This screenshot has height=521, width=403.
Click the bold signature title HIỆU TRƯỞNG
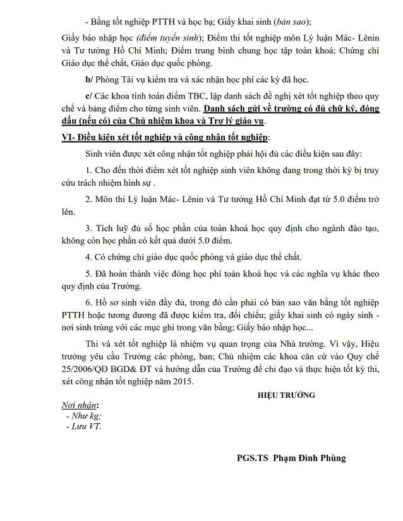pyautogui.click(x=286, y=395)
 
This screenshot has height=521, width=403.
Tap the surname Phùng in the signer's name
pyautogui.click(x=333, y=458)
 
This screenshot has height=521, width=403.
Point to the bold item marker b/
pyautogui.click(x=88, y=80)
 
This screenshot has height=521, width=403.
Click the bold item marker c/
pyautogui.click(x=88, y=96)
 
